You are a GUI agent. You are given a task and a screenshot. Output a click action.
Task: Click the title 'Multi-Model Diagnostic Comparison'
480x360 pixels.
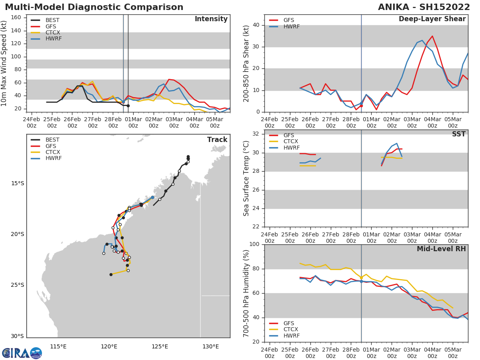click(x=94, y=7)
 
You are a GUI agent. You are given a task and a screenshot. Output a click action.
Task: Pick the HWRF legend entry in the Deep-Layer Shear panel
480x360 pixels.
click(x=291, y=26)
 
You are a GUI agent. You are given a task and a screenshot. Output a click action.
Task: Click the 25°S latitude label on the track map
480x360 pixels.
click(x=17, y=285)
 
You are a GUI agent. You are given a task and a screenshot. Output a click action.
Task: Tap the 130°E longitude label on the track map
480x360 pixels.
click(x=210, y=346)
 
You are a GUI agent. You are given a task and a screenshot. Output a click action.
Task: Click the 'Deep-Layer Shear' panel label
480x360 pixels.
click(x=432, y=19)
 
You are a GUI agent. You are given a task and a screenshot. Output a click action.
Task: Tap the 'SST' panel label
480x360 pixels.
click(x=458, y=134)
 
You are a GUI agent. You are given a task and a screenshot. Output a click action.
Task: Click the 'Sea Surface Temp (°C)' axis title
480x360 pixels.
click(x=247, y=178)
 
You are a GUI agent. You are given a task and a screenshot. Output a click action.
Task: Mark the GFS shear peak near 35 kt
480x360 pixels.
click(x=432, y=36)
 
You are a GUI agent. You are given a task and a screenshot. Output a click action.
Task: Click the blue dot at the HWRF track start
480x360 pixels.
click(x=152, y=197)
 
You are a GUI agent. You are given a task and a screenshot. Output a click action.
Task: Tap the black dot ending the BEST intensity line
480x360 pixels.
click(x=128, y=106)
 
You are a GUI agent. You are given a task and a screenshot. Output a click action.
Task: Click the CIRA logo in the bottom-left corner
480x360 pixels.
click(x=22, y=353)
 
